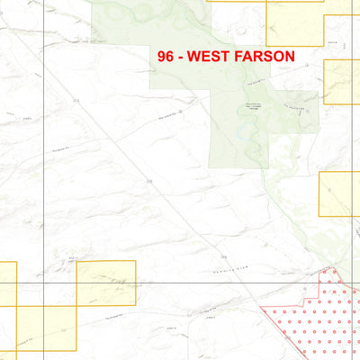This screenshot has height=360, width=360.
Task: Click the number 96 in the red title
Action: pyautogui.click(x=165, y=55)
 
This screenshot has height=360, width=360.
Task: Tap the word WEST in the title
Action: pyautogui.click(x=211, y=55)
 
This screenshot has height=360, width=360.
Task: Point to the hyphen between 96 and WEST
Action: pyautogui.click(x=180, y=56)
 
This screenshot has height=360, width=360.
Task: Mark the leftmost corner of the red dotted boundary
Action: pyautogui.click(x=260, y=309)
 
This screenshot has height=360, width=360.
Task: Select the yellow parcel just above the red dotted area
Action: pyautogui.click(x=340, y=193)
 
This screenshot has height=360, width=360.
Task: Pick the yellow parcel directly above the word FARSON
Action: pyautogui.click(x=295, y=20)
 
